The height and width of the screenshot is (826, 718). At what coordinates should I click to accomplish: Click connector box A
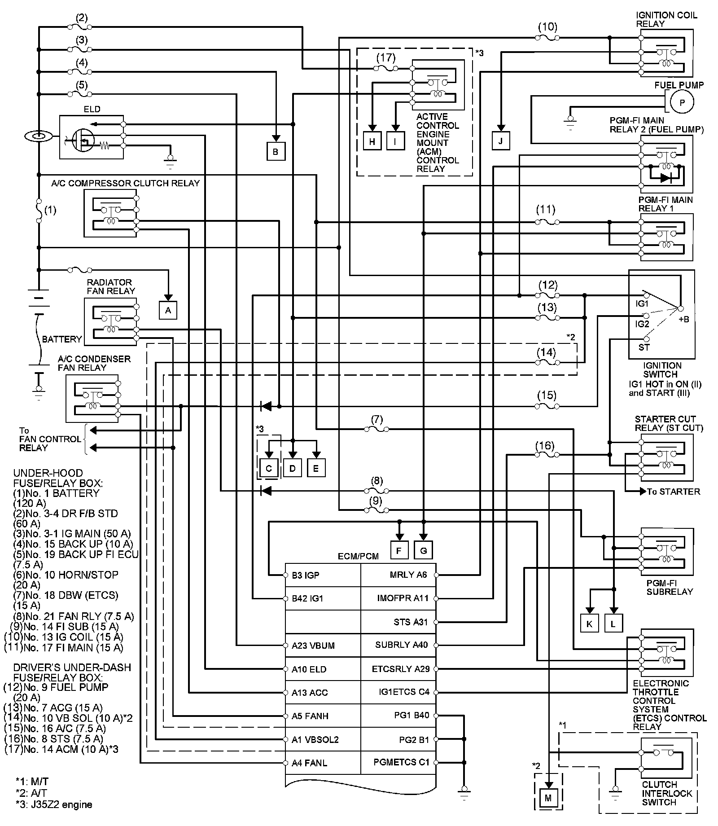tap(168, 310)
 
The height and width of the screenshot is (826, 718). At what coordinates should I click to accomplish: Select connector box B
tap(275, 151)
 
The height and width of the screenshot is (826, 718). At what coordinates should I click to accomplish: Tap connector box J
tap(500, 141)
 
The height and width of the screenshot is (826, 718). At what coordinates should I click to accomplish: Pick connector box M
tap(547, 797)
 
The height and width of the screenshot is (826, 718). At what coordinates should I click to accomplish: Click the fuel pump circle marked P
tap(682, 103)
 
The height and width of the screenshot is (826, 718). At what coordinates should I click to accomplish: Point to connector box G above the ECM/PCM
tap(423, 550)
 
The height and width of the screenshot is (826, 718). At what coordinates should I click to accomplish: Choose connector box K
tap(589, 624)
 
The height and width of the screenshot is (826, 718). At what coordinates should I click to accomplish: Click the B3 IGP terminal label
tap(306, 576)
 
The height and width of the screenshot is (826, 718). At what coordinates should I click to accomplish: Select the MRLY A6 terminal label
tap(408, 575)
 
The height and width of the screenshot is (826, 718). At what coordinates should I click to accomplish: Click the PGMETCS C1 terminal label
tap(401, 762)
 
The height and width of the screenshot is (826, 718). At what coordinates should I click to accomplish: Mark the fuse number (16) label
tap(545, 446)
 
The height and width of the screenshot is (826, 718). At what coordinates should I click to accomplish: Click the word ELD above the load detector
tap(92, 109)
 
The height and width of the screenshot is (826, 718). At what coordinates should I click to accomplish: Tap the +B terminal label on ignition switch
tap(683, 319)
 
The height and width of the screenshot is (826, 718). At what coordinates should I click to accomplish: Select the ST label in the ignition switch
tap(644, 347)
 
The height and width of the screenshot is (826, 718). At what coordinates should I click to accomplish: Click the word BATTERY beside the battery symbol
tap(62, 339)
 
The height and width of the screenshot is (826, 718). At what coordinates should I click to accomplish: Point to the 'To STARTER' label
tap(673, 492)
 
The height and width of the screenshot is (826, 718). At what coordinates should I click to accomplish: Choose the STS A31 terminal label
tap(411, 622)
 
